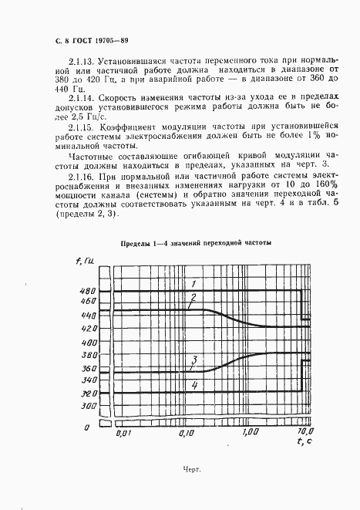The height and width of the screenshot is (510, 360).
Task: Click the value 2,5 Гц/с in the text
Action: [x=96, y=117]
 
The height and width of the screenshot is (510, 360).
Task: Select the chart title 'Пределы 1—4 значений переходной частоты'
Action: [x=195, y=245]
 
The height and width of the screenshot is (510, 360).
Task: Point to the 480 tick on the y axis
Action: [x=88, y=291]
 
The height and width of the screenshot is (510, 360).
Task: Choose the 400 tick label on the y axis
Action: [x=88, y=342]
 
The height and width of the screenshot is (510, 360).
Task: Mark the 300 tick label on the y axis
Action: [x=88, y=405]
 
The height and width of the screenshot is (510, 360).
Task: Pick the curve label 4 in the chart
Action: [x=194, y=385]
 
